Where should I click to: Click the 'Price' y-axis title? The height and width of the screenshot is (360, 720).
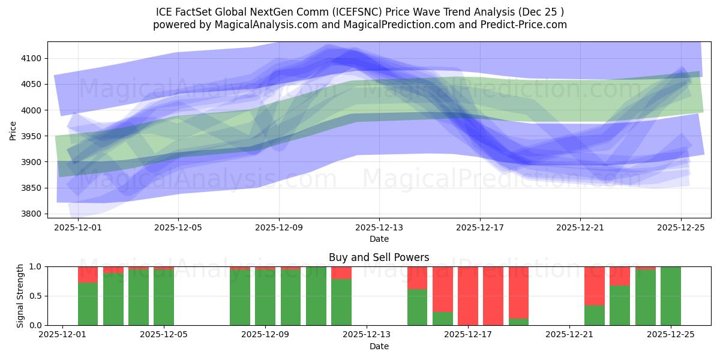pos(13,130)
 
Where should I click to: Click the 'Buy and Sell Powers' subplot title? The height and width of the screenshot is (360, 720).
pos(379,257)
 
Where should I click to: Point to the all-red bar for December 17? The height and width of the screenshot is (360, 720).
pos(468,296)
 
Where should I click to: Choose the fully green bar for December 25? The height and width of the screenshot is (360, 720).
pos(670,296)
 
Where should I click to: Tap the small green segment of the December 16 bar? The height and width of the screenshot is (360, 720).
pos(443,319)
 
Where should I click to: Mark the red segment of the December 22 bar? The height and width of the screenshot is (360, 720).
pos(594,286)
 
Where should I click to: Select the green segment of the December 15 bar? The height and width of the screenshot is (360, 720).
pos(417,307)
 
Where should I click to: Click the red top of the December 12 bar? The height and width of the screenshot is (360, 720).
pos(341,273)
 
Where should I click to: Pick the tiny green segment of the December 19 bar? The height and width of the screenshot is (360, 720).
pos(518,322)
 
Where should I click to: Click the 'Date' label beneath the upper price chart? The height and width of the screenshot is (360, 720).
pos(379,239)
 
